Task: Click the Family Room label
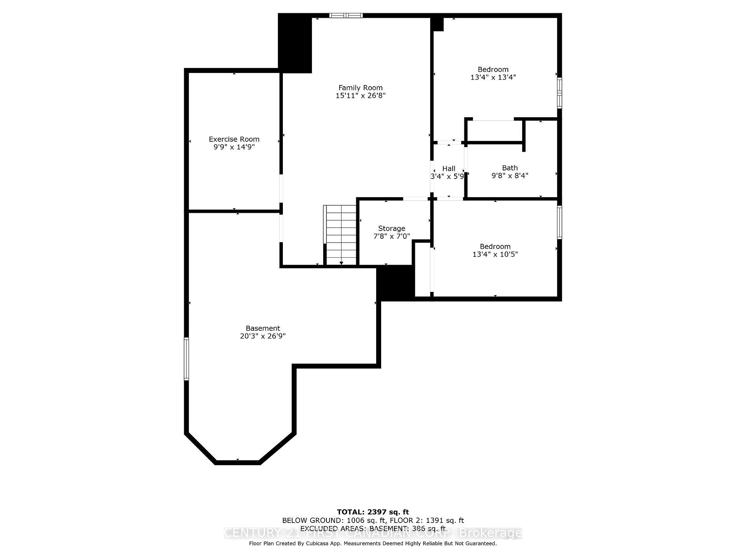(x=360, y=88)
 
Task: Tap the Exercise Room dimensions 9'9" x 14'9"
(x=234, y=147)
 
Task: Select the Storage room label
(x=392, y=228)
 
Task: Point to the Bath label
(x=510, y=168)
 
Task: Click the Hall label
(x=449, y=168)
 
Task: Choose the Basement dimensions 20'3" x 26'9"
(x=263, y=336)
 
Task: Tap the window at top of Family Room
(x=346, y=16)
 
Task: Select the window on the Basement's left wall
(x=186, y=359)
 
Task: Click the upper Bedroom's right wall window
(x=559, y=93)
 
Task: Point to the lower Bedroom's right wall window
(x=559, y=222)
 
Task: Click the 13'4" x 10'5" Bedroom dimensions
(x=495, y=254)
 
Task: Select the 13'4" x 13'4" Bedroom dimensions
(x=493, y=77)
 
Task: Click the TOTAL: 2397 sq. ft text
(x=373, y=512)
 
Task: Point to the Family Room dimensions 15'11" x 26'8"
(x=360, y=95)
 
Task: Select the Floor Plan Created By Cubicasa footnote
(x=373, y=543)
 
